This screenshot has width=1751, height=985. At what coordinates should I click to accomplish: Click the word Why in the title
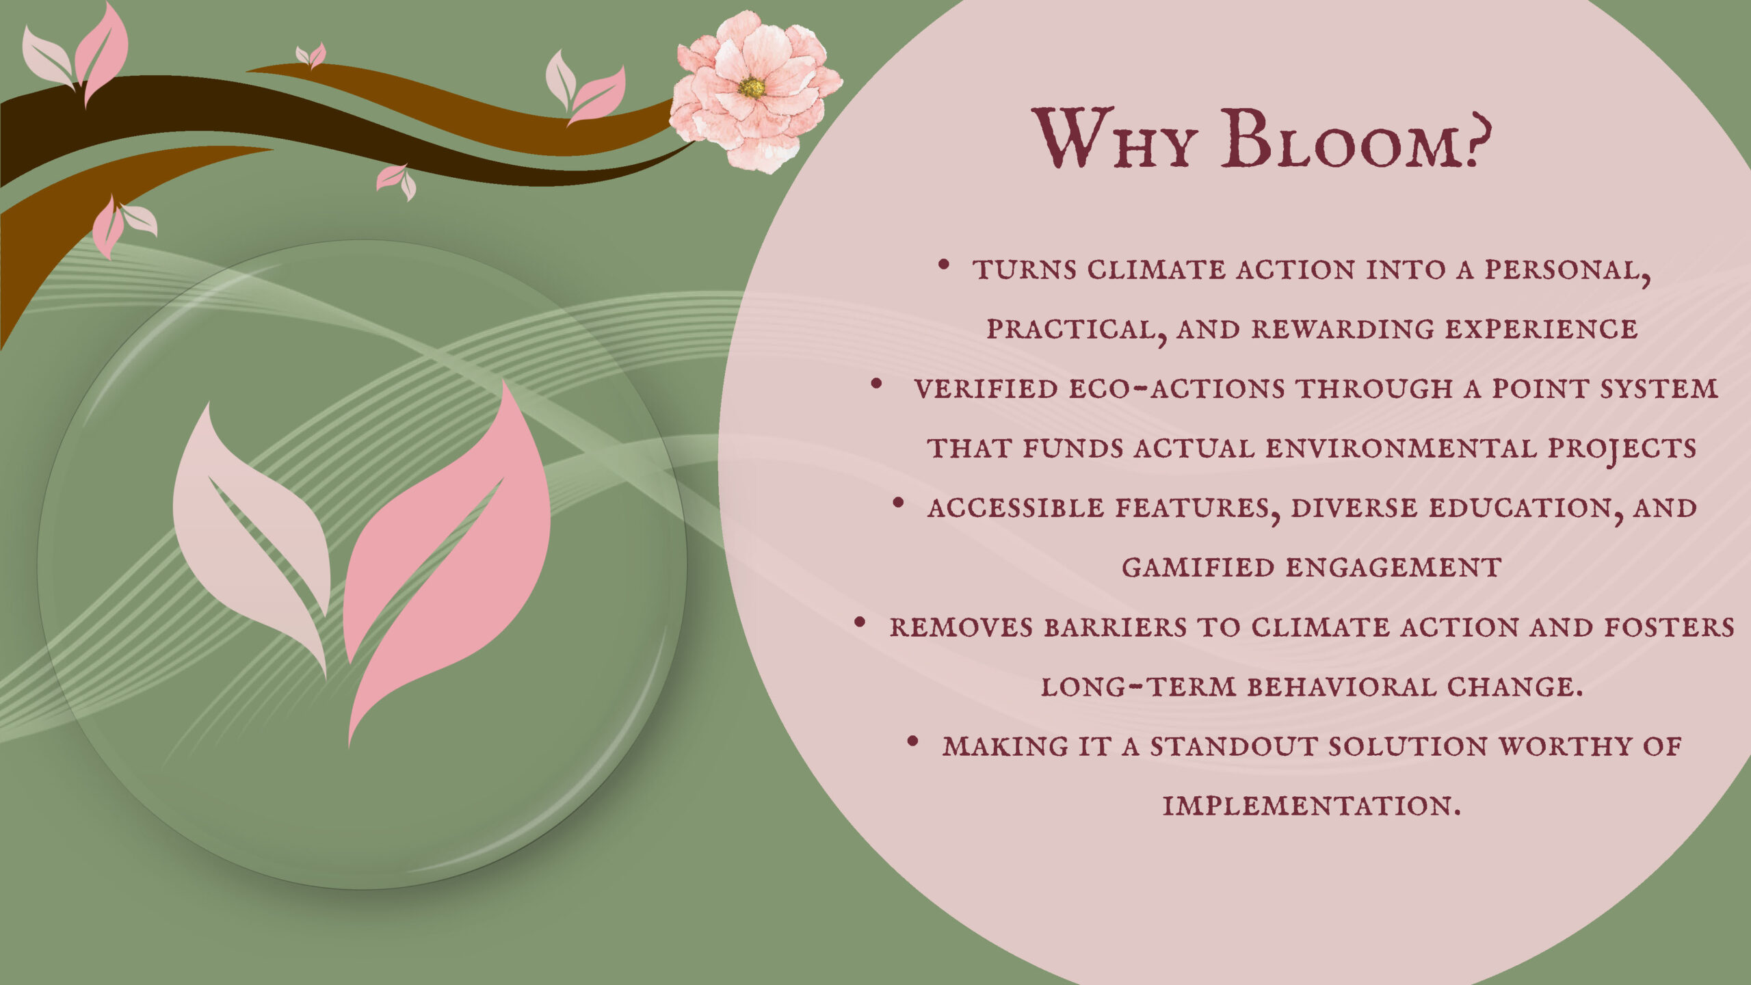point(1114,139)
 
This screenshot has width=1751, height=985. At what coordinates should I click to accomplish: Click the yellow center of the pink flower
point(752,88)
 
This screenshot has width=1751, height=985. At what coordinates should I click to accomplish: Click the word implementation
point(1312,806)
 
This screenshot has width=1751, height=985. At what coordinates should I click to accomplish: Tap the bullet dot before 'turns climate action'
point(944,264)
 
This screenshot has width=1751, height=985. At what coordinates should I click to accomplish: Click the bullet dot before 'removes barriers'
point(860,622)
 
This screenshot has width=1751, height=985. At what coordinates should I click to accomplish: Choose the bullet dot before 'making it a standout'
point(912,741)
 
